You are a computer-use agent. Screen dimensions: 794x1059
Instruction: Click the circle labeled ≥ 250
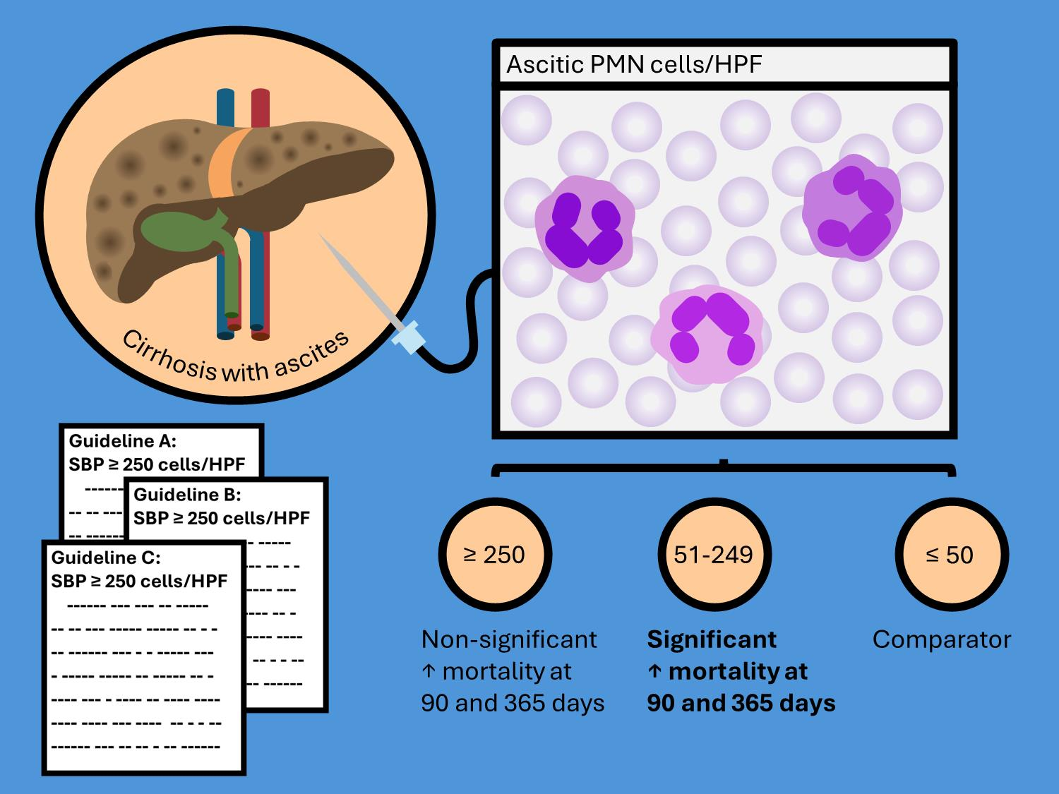(x=494, y=555)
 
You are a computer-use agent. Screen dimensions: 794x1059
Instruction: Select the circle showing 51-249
(x=714, y=555)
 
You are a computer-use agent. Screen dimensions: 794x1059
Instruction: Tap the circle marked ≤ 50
(x=950, y=555)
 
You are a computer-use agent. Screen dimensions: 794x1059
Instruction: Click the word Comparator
(x=941, y=639)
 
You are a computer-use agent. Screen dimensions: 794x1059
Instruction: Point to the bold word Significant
(x=712, y=639)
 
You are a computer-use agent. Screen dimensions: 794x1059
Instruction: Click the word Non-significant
(x=509, y=639)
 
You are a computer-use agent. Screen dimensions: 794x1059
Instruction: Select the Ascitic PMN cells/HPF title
(x=635, y=65)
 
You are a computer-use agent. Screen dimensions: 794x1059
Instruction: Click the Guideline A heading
(x=122, y=442)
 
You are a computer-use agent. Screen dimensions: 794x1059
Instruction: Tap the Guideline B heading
(x=187, y=494)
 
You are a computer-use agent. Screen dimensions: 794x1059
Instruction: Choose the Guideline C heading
(x=106, y=558)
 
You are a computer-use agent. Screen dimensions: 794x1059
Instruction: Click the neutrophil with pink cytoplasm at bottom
(x=708, y=336)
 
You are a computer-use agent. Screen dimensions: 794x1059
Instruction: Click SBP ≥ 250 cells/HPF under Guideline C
(x=139, y=581)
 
